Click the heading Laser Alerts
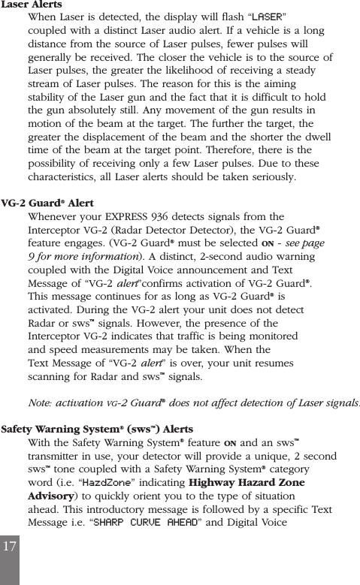pyautogui.click(x=32, y=5)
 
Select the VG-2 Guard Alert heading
pyautogui.click(x=47, y=204)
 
